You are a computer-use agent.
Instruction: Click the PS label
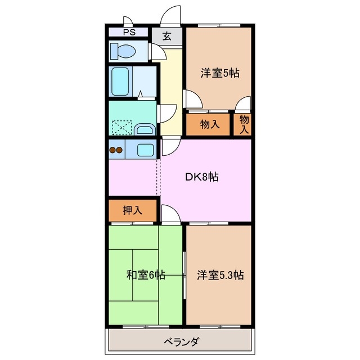click(x=129, y=33)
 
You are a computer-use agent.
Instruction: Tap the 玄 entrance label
click(x=167, y=37)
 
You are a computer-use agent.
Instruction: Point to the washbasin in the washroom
click(x=145, y=129)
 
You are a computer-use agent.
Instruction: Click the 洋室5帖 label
click(x=220, y=73)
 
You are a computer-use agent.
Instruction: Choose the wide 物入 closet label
click(x=209, y=124)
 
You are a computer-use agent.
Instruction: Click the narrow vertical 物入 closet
click(x=244, y=124)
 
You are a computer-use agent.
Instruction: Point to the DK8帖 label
click(x=202, y=177)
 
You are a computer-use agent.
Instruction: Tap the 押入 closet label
click(x=132, y=211)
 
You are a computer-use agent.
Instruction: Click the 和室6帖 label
click(x=145, y=275)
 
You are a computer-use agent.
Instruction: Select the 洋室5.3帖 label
click(x=220, y=275)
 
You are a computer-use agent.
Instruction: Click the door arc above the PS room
click(x=128, y=21)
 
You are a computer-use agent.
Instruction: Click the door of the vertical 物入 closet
click(x=243, y=104)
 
